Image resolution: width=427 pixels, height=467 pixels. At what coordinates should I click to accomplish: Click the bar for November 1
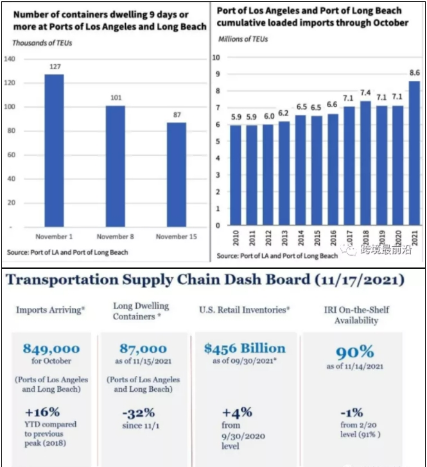coord(53,151)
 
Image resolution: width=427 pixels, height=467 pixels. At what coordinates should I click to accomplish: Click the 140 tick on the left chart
coord(10,59)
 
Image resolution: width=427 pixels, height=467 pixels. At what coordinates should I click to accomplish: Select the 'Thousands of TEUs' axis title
coord(42,43)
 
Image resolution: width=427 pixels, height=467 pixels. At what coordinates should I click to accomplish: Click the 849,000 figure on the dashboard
coord(51,349)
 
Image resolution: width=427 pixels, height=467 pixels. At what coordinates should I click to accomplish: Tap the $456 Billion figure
coord(245,348)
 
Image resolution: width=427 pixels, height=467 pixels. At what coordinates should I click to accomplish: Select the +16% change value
coord(42,412)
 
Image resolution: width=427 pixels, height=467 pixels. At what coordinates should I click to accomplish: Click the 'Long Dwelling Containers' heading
coord(141,312)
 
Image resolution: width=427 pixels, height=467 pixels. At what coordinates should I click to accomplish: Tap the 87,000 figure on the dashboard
coord(143,349)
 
